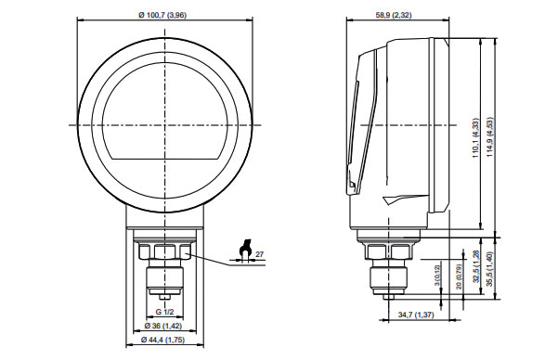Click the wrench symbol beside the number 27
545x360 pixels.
245,251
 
